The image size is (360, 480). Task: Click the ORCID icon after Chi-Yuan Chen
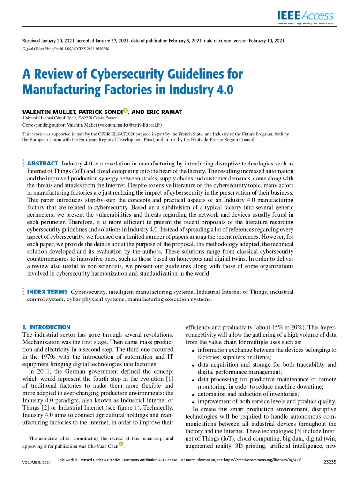point(121,443)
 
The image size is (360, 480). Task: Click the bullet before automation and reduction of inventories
point(194,394)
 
